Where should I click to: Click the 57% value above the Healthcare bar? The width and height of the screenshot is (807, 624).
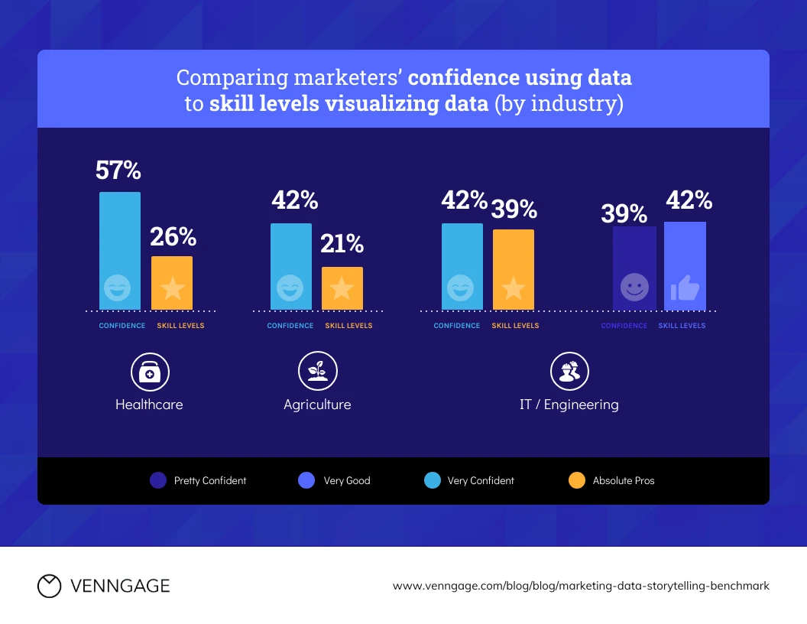[118, 170]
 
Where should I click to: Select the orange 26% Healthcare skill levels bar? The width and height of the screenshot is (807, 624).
[172, 283]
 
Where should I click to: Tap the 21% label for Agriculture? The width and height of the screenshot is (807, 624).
[342, 244]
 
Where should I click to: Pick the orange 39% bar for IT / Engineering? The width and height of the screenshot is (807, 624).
[513, 269]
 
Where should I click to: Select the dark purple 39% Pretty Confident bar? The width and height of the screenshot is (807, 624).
[634, 268]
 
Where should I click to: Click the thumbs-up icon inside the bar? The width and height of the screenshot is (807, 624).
[685, 288]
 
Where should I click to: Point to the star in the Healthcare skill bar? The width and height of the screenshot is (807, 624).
[172, 288]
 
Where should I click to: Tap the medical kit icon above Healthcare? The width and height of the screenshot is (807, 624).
[150, 372]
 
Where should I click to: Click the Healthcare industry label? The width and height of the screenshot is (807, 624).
[149, 405]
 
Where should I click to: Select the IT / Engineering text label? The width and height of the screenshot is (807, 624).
[569, 405]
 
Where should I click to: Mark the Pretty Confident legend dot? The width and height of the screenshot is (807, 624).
[158, 480]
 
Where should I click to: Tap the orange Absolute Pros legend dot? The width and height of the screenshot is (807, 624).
[577, 480]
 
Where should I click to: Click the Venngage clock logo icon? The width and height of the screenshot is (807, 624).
[49, 586]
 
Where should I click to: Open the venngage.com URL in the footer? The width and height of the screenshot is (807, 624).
[581, 586]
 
